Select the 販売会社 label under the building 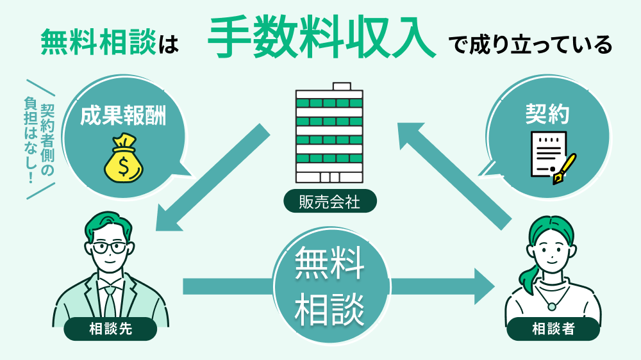coord(329,202)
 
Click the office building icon coord(329,135)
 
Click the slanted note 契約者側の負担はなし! coord(40,140)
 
